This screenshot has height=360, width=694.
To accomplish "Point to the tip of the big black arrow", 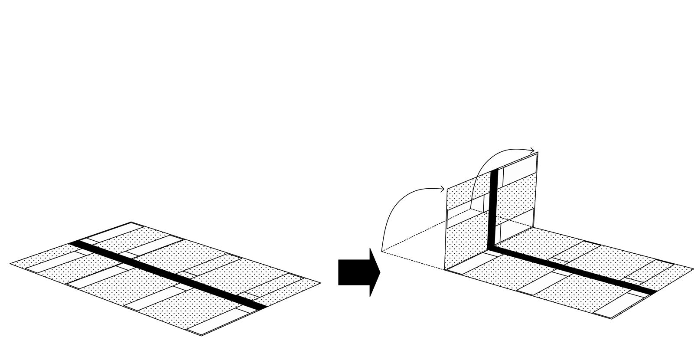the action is pos(380,272).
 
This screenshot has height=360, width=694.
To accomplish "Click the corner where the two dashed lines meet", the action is pos(382,251).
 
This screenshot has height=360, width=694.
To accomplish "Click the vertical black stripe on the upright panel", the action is pos(492,208).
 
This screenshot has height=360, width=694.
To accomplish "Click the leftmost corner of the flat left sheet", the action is pos(10,263).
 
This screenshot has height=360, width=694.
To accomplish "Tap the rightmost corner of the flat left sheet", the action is pos(321,283).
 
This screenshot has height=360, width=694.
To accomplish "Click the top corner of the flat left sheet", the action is pos(131,223).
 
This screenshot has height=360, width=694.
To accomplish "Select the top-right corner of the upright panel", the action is pos(538,153).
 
